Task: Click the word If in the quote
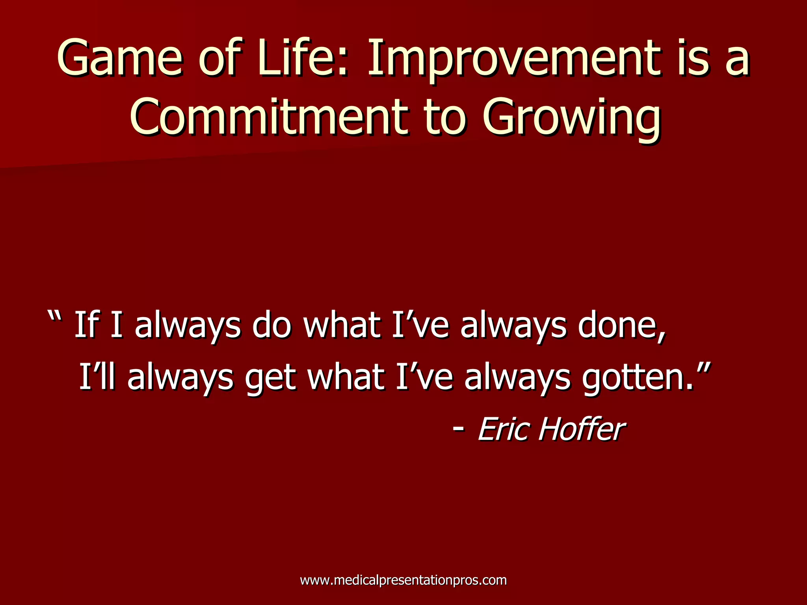point(86,325)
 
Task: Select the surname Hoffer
point(581,429)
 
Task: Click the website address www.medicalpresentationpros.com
point(403,580)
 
